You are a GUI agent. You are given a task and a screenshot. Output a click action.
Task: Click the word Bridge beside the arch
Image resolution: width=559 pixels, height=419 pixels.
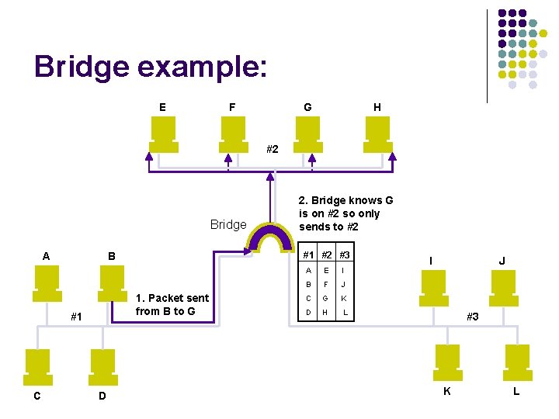point(228,224)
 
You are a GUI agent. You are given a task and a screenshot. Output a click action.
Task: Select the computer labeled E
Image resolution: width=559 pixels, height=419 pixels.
point(164,133)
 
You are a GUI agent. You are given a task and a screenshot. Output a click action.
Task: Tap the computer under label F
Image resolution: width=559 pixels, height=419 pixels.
point(233,133)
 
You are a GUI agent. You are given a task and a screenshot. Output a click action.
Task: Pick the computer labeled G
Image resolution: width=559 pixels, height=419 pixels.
point(309,133)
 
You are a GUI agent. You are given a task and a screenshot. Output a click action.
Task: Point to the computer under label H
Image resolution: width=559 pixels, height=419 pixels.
point(378,133)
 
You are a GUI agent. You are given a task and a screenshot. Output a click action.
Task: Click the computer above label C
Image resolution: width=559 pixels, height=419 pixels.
point(37,365)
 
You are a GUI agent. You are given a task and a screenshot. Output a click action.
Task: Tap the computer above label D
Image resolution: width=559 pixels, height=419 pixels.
point(103,365)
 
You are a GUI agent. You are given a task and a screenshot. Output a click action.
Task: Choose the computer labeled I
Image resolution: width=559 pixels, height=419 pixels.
point(433,289)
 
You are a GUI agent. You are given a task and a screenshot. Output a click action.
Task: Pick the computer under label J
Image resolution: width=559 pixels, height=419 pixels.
point(501,289)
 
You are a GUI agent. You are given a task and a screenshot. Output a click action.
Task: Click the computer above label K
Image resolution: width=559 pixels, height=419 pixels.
point(448,361)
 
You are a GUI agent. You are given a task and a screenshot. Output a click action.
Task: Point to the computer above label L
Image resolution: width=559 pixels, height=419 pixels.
point(516,361)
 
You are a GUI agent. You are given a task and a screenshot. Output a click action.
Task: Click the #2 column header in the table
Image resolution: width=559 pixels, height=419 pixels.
point(327,255)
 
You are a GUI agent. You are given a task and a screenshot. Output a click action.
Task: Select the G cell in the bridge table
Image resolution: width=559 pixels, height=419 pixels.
point(327,299)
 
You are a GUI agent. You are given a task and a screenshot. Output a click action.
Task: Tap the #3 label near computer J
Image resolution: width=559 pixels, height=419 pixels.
point(472,317)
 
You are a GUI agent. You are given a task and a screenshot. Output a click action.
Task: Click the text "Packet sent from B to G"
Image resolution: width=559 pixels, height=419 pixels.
point(172,305)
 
